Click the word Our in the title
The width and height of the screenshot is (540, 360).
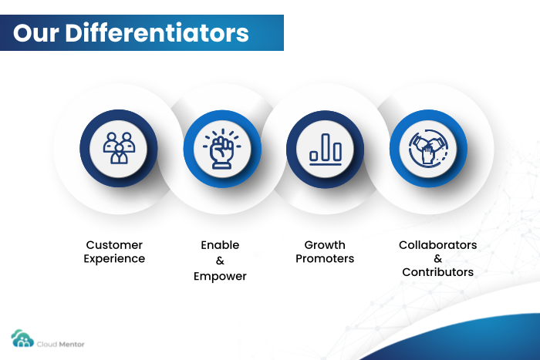coord(35,33)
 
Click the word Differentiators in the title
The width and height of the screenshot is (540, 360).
coord(157,33)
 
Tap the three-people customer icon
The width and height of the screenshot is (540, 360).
coord(119,148)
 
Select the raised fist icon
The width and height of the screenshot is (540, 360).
coord(222,149)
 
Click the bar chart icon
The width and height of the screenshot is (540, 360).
coord(326,150)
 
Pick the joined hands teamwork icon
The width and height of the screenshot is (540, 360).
coord(428,149)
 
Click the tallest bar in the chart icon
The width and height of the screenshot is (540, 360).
coord(326,147)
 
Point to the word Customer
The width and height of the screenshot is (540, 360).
coord(114,244)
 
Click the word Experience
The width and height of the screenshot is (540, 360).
coord(114,259)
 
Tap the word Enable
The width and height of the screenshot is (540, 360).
coord(220,244)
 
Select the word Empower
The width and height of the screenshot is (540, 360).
coord(220,277)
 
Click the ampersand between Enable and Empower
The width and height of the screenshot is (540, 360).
coord(220,261)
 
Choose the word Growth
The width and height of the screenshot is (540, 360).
coord(325,244)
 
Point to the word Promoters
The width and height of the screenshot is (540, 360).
coord(325,258)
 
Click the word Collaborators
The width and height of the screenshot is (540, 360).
coord(437,244)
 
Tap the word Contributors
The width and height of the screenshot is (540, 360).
coord(437,272)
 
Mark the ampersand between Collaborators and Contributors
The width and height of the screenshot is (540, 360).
coord(437,258)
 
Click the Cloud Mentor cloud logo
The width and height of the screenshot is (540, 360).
coord(22,338)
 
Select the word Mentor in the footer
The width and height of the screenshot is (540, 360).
coord(72,344)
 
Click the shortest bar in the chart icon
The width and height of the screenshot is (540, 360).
coord(313,156)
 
